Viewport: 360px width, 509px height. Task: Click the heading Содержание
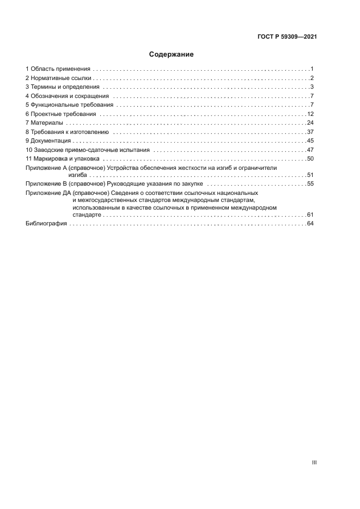click(x=172, y=54)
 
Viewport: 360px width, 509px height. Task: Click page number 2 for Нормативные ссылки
click(x=312, y=78)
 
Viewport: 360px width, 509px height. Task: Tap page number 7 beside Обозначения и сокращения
click(x=312, y=96)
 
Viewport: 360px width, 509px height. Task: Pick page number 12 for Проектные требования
click(x=311, y=114)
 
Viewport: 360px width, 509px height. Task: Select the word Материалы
click(x=47, y=123)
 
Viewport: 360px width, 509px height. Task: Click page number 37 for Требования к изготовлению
click(x=311, y=132)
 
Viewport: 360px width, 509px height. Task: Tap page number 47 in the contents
click(x=311, y=150)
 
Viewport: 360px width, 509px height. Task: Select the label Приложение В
click(x=45, y=185)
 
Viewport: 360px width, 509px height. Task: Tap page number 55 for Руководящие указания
click(x=311, y=185)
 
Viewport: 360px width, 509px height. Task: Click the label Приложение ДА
click(x=47, y=193)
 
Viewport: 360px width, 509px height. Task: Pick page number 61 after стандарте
click(x=311, y=214)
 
